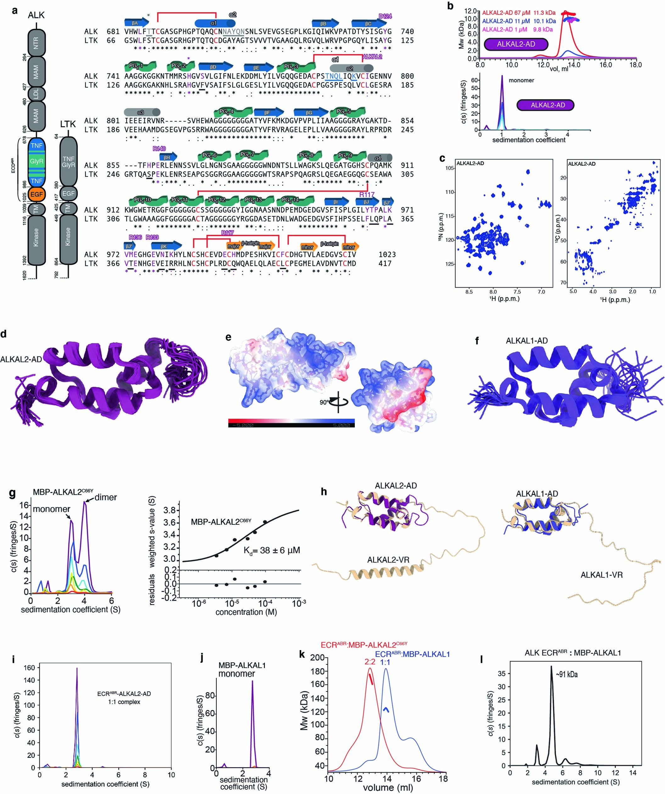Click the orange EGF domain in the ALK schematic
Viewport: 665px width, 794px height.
point(36,194)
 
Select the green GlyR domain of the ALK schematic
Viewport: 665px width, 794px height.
point(36,162)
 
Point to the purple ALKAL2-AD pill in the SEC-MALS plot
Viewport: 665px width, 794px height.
point(516,44)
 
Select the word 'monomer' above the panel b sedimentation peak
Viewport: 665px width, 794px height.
point(521,80)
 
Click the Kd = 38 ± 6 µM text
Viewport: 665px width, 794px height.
point(271,550)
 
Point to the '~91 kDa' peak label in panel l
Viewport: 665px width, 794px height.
point(567,674)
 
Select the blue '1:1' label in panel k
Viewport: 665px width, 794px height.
point(385,662)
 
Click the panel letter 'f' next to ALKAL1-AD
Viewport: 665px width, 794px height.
point(477,341)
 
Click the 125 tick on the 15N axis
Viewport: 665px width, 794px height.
point(450,264)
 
